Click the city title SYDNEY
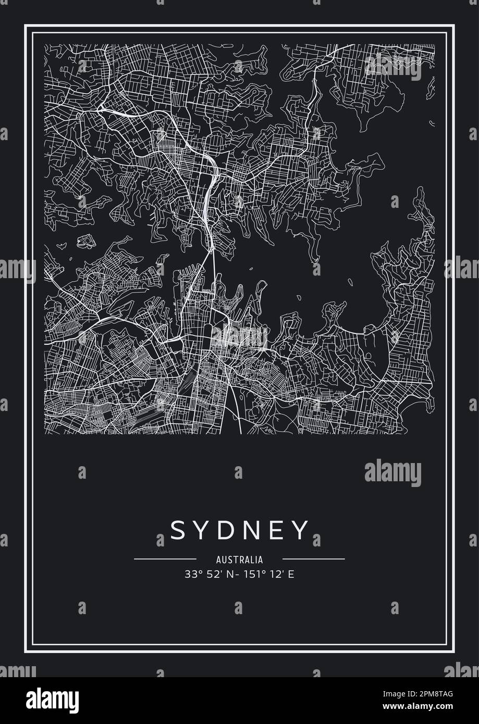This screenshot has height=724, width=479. tap(239, 530)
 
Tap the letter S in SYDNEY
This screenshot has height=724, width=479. tap(177, 530)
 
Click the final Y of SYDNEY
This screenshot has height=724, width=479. tap(301, 530)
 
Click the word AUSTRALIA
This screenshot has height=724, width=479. tap(239, 560)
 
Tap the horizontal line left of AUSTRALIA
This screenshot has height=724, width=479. tap(165, 559)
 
